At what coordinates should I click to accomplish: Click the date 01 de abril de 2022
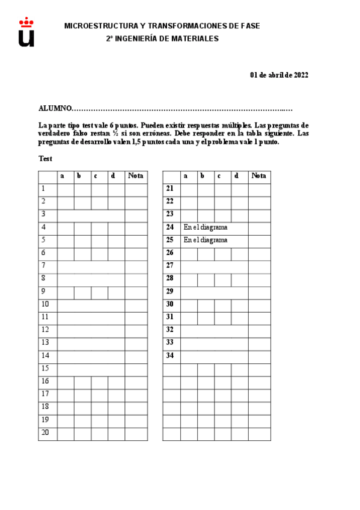click(279, 75)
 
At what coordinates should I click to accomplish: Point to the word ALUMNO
click(55, 109)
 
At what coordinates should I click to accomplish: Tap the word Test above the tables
click(45, 159)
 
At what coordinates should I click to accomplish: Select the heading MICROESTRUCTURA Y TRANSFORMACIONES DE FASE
click(162, 26)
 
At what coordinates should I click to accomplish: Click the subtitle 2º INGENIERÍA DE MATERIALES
click(162, 38)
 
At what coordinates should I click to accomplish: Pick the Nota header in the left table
click(136, 176)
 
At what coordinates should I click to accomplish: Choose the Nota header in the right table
click(259, 176)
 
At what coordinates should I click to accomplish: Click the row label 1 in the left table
click(43, 189)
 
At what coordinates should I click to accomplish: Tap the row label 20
click(45, 432)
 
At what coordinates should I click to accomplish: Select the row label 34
click(169, 355)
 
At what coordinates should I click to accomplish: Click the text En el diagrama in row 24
click(206, 227)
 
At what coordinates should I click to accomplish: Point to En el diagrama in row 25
click(206, 240)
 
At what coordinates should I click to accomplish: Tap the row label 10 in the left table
click(45, 304)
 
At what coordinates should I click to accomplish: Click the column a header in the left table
click(63, 176)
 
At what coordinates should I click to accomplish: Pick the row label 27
click(169, 266)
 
